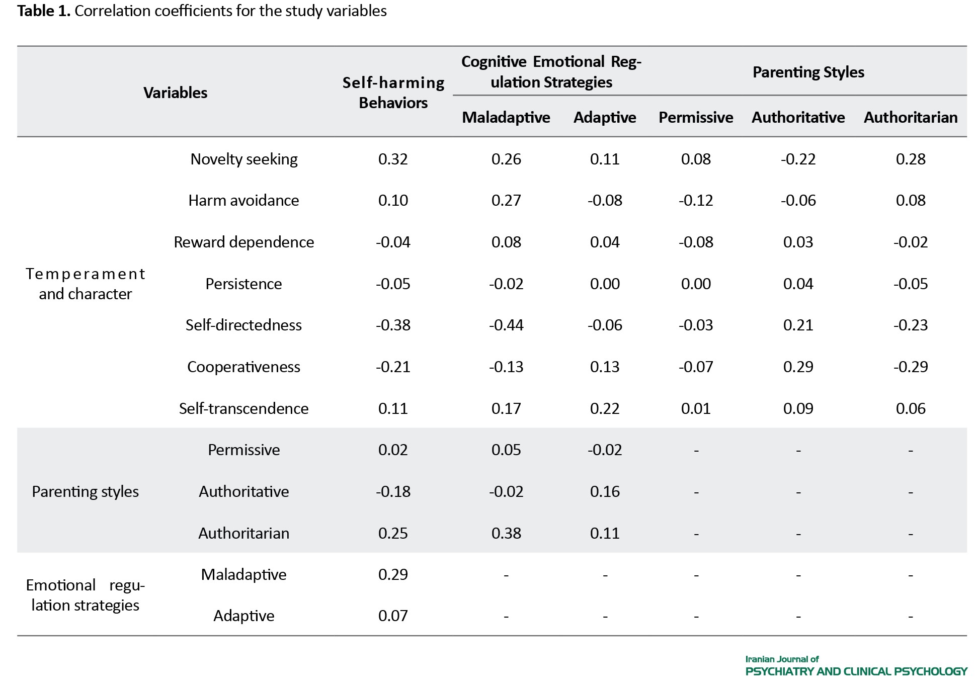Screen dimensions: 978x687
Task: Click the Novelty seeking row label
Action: click(244, 159)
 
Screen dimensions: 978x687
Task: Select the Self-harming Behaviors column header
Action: click(393, 93)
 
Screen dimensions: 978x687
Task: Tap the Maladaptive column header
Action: click(506, 117)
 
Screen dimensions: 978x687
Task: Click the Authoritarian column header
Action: click(911, 117)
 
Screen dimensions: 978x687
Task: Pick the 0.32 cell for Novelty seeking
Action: click(393, 159)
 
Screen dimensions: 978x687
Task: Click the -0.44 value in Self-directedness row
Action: click(506, 325)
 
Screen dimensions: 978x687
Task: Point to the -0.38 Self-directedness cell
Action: click(393, 325)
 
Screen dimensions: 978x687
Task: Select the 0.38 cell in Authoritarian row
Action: click(506, 533)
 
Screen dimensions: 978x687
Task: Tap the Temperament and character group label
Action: click(86, 284)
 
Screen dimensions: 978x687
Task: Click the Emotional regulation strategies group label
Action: click(86, 595)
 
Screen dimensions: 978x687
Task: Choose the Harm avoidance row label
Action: click(244, 200)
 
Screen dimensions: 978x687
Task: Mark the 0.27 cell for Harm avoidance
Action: click(506, 200)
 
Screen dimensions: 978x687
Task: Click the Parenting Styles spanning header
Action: click(808, 72)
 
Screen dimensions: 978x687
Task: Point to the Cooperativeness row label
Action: click(244, 367)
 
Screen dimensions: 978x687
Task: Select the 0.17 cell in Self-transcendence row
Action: click(506, 408)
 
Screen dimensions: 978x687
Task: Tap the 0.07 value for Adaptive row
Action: click(393, 616)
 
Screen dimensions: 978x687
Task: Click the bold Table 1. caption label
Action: click(44, 11)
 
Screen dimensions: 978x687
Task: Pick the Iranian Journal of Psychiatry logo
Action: click(856, 665)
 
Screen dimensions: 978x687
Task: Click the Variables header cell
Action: click(175, 93)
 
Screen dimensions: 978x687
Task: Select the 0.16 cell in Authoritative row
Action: click(605, 491)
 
